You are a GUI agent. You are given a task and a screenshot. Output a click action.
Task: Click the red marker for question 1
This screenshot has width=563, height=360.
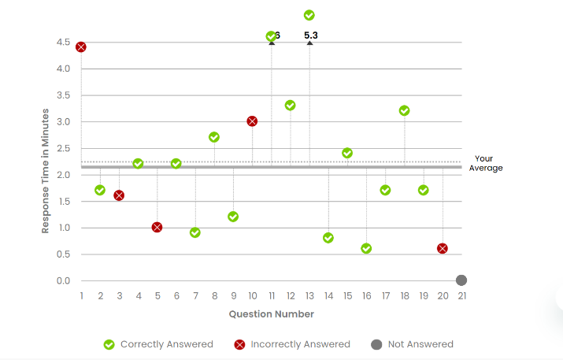[x=81, y=47]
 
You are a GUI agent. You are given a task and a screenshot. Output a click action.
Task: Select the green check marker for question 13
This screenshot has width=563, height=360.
[x=309, y=15]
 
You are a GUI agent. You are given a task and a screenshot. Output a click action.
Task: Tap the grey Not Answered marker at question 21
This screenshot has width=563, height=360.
[x=461, y=280]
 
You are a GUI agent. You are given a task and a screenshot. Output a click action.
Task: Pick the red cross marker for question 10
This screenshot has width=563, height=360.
[x=252, y=121]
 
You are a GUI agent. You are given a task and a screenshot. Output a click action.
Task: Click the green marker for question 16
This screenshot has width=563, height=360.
[x=366, y=248]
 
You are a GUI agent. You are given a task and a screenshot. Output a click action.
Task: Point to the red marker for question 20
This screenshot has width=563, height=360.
[x=443, y=248]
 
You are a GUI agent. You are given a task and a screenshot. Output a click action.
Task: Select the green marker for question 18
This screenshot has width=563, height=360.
[x=405, y=111]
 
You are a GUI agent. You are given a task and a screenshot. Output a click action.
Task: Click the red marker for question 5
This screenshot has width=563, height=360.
[x=157, y=228]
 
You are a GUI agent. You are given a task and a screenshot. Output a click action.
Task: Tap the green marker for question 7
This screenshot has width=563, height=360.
[x=195, y=232]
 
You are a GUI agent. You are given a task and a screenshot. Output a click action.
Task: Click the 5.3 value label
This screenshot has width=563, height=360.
[x=311, y=35]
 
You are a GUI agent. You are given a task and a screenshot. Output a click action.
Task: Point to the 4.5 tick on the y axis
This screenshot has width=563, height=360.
[x=64, y=42]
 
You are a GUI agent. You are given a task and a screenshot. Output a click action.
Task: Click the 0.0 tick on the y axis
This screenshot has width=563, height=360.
[x=64, y=280]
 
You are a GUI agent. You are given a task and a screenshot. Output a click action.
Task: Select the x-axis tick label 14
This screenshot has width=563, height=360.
[x=328, y=296]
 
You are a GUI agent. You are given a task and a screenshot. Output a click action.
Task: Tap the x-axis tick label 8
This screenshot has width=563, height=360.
[x=214, y=296]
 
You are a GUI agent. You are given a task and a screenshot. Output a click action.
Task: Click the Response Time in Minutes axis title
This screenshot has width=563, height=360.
[x=46, y=170]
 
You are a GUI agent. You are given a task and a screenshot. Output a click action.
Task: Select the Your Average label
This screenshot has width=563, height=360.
[x=485, y=163]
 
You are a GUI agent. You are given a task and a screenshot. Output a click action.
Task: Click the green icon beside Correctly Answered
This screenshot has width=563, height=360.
[x=109, y=344]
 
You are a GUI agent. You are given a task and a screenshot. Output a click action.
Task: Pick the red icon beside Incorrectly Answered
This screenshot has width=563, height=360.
[x=240, y=344]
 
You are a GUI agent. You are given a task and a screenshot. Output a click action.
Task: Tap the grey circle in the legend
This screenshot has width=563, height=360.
[x=376, y=344]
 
